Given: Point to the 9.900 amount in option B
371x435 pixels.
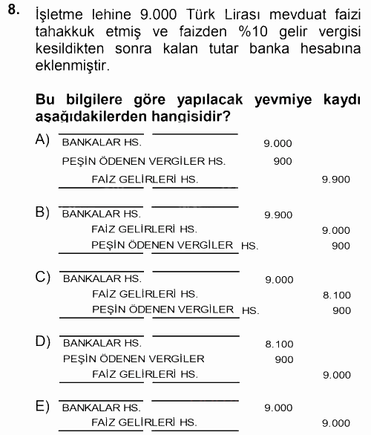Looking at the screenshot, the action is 278,215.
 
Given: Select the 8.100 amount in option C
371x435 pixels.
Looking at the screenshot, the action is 336,295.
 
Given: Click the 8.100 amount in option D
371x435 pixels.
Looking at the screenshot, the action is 278,344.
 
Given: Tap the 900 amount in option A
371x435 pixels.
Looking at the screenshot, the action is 282,161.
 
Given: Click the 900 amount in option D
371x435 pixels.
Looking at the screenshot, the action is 283,359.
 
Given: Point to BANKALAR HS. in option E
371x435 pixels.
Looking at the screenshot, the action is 102,408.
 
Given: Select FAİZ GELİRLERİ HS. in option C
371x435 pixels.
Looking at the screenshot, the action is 145,295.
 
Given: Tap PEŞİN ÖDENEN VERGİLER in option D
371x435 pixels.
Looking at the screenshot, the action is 134,359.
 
